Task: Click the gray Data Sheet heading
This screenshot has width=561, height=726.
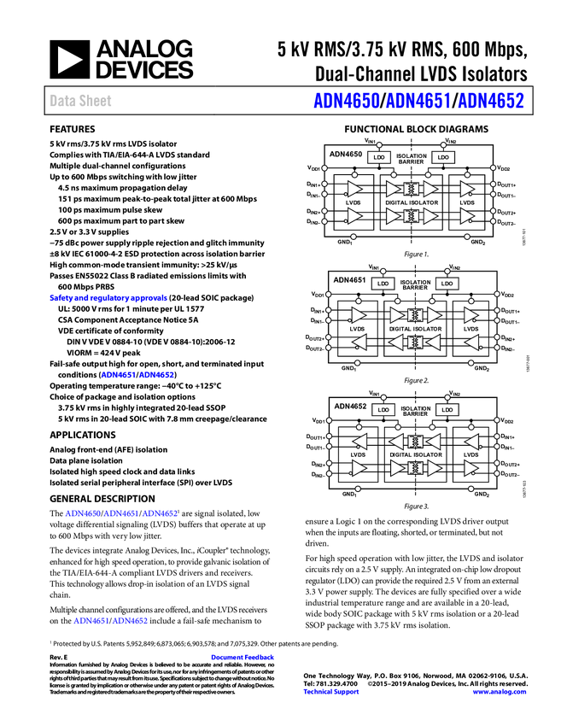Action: pos(81,101)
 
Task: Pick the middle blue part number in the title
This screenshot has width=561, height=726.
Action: pos(418,101)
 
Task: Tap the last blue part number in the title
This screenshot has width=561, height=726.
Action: pos(491,101)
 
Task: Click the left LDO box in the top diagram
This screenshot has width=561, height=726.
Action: pos(379,158)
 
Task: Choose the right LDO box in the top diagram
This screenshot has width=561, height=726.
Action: pos(442,158)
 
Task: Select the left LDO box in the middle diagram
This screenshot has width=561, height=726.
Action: pos(383,284)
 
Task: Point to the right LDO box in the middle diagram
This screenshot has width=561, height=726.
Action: pos(447,284)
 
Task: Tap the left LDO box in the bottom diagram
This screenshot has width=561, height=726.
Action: pos(383,410)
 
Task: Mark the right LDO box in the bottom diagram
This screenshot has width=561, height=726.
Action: pos(447,410)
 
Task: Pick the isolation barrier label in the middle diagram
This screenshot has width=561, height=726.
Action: pos(415,283)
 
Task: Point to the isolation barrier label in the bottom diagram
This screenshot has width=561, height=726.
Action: pos(415,409)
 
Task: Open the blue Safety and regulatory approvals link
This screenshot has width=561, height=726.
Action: pos(108,299)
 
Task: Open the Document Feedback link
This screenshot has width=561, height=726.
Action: pos(243,658)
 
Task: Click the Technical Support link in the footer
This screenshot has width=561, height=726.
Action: pos(331,692)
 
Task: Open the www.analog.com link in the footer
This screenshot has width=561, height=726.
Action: pos(500,692)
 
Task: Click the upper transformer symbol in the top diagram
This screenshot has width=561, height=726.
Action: pos(412,189)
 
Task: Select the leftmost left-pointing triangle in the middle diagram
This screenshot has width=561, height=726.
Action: pos(359,343)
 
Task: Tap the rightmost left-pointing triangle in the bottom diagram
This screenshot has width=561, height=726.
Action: pos(471,442)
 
